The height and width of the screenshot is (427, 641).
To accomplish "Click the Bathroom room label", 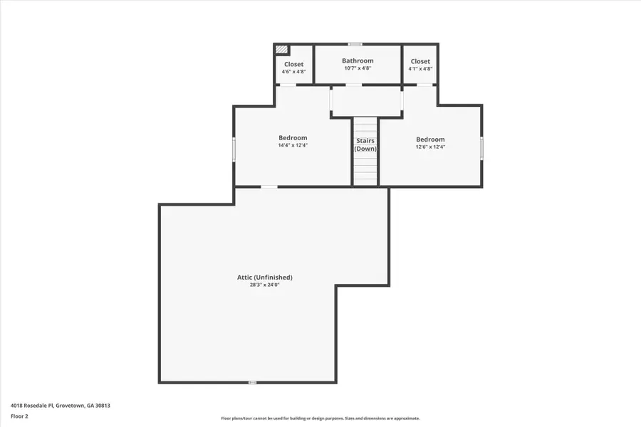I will [358, 60].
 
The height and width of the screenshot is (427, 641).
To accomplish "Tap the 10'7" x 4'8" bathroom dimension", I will [358, 68].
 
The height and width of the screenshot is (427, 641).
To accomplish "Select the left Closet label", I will [293, 64].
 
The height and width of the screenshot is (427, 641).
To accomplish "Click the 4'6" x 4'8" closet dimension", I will [293, 72].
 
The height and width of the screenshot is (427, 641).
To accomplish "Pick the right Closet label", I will [420, 61].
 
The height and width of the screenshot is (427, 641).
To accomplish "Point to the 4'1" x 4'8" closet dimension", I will [420, 69].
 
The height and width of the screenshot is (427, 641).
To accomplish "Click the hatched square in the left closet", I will [282, 50].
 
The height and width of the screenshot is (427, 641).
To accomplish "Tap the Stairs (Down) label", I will [365, 144].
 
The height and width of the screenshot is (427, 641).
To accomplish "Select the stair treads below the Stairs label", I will [365, 171].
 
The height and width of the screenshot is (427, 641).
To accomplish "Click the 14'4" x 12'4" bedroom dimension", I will [293, 145].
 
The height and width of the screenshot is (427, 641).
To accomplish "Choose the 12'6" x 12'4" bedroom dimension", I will [430, 147].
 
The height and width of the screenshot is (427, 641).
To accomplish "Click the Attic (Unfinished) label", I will [265, 277].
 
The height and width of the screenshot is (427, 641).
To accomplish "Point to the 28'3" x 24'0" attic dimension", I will [265, 285].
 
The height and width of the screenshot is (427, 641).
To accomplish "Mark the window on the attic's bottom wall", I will [252, 382].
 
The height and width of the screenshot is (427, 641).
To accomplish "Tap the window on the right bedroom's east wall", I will [481, 148].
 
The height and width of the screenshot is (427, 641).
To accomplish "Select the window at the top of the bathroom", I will [355, 44].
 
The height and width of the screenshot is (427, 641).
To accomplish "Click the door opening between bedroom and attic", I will [269, 186].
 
